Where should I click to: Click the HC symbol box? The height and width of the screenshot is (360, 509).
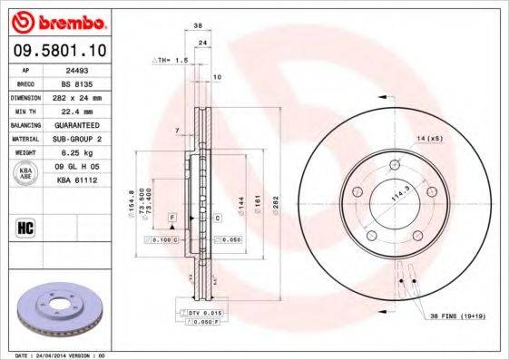[24, 227]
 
